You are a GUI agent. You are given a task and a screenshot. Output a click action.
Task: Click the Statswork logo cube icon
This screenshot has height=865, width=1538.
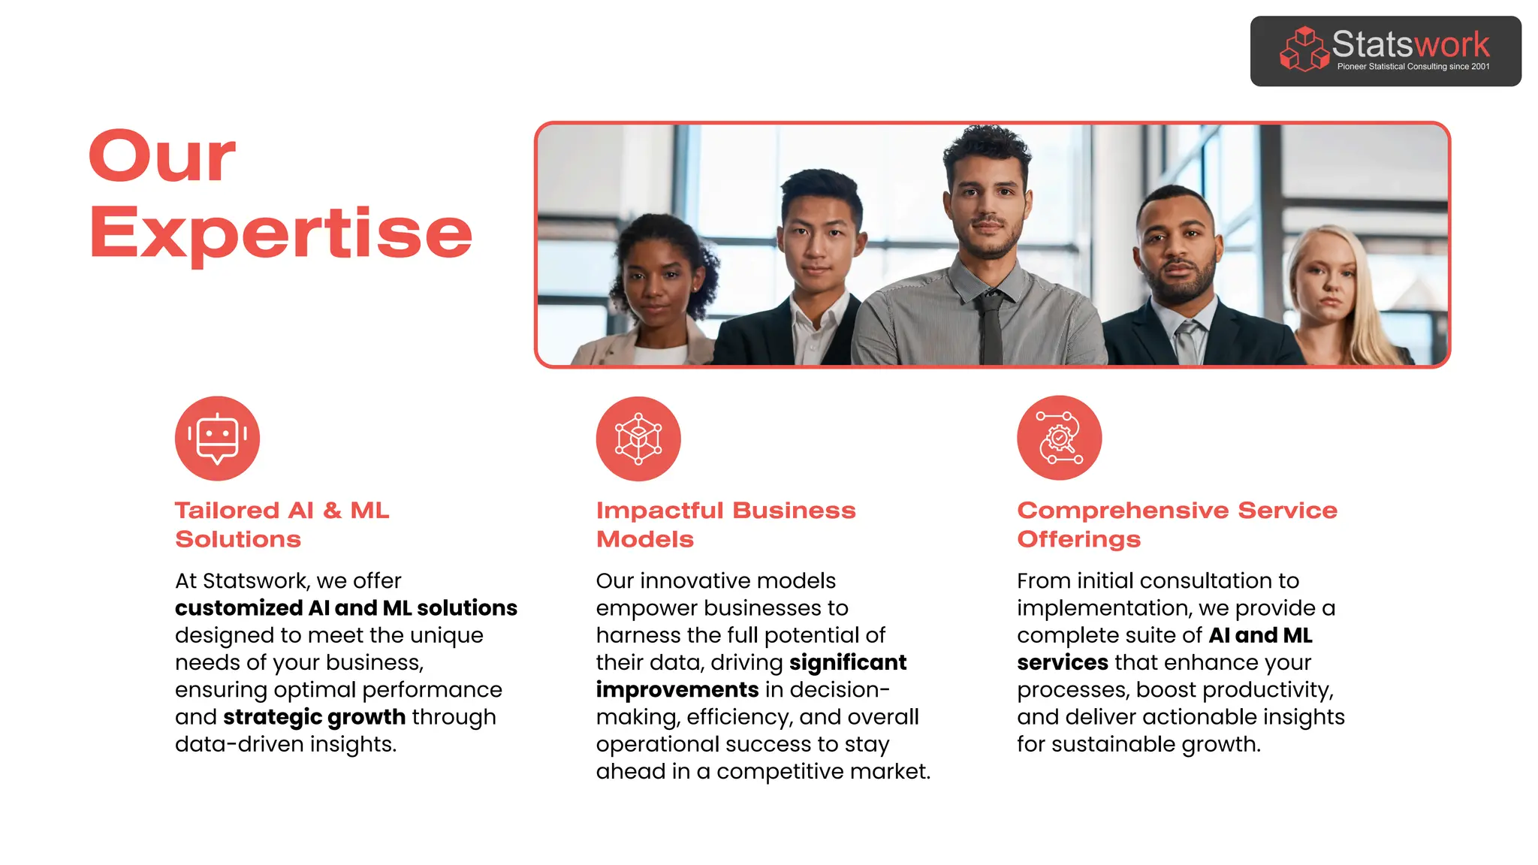tap(1304, 50)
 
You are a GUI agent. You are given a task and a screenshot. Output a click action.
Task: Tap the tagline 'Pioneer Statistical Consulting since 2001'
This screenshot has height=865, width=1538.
tap(1413, 67)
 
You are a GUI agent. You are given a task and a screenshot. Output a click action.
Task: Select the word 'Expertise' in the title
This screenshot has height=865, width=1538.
tap(280, 233)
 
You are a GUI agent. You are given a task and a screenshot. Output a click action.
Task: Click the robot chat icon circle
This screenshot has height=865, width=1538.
tap(217, 439)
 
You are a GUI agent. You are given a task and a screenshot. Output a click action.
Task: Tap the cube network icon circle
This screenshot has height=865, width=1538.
tap(638, 439)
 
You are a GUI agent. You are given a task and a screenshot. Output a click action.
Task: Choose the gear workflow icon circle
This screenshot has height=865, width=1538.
tap(1059, 438)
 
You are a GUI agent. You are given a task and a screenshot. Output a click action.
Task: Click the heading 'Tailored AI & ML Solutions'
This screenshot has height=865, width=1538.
tap(282, 524)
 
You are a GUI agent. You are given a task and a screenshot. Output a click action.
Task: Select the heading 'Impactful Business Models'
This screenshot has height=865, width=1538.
tap(725, 524)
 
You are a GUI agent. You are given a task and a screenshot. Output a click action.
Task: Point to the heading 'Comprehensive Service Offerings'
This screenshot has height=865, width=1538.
tap(1177, 524)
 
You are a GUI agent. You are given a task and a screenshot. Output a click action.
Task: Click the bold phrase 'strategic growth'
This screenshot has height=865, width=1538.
tap(314, 717)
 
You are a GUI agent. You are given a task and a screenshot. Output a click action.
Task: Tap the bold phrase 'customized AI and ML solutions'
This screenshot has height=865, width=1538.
tap(345, 608)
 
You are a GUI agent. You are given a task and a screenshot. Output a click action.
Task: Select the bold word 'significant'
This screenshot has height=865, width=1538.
tap(848, 663)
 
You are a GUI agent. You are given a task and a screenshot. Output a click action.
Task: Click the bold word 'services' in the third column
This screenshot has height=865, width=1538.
tap(1062, 663)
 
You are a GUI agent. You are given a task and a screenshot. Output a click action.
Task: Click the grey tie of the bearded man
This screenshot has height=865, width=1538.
tap(1187, 342)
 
